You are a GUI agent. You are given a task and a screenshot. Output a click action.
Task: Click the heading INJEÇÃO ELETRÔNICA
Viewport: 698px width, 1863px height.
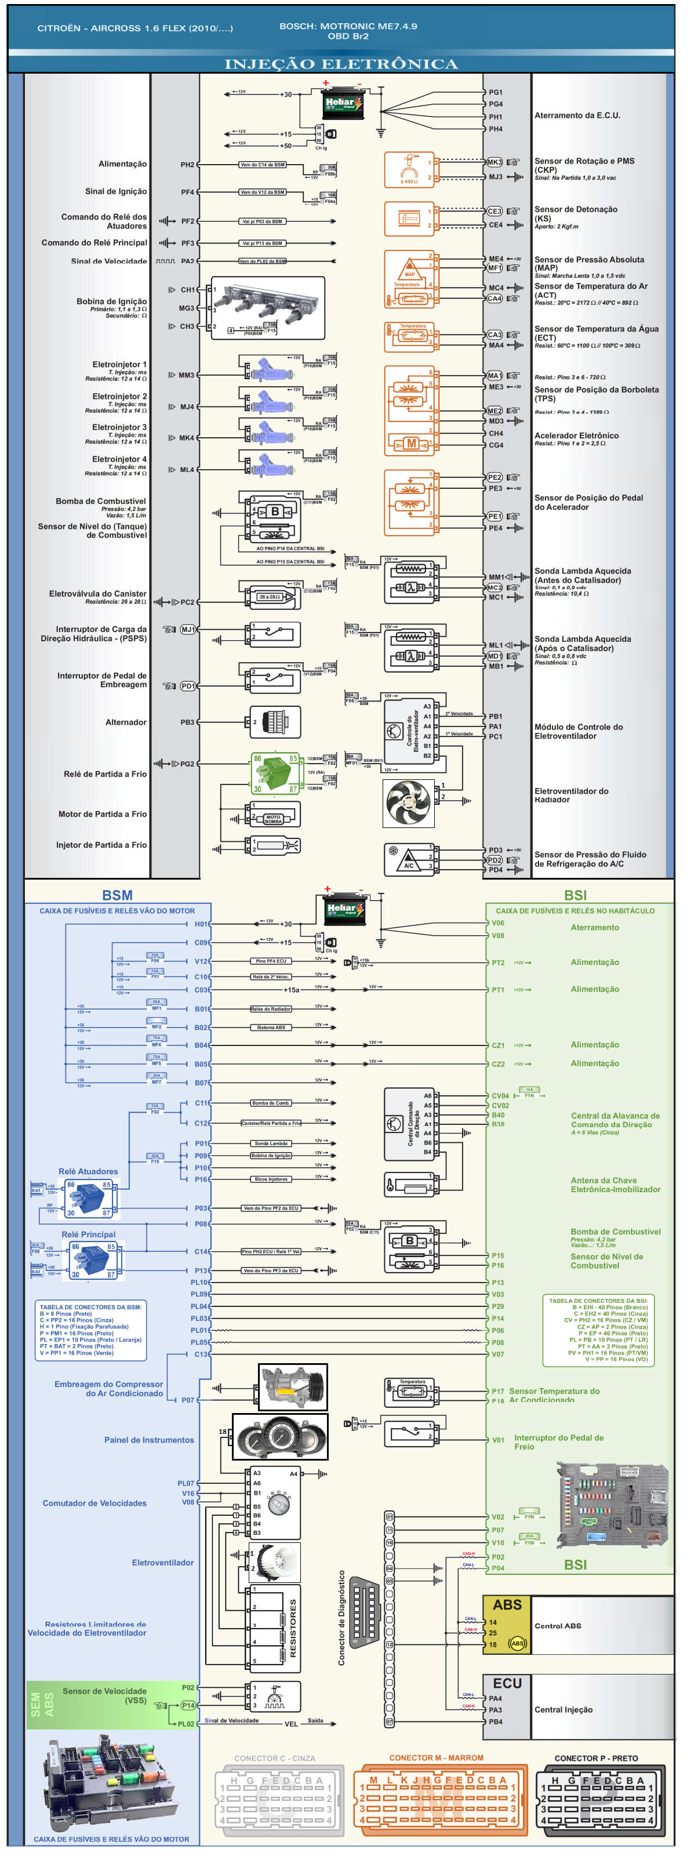click(x=341, y=64)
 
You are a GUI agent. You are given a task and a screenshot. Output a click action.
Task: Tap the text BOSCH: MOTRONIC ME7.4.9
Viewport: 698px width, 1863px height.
click(x=348, y=26)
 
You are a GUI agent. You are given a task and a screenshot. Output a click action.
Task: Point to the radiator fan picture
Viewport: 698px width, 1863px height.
click(x=409, y=802)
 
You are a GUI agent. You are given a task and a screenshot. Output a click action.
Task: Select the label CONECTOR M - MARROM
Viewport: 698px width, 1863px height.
click(x=436, y=1758)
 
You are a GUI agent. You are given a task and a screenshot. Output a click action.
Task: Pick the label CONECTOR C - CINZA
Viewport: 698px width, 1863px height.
click(x=274, y=1759)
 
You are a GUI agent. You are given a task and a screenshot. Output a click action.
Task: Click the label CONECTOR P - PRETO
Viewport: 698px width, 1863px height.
click(x=596, y=1759)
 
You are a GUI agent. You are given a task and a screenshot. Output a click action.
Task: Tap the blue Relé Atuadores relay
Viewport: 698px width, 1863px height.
click(x=88, y=1199)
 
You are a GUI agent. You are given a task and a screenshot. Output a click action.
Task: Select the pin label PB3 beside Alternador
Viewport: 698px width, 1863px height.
click(x=187, y=722)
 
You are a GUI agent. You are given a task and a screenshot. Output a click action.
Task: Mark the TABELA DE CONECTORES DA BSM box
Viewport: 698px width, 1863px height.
click(x=90, y=1330)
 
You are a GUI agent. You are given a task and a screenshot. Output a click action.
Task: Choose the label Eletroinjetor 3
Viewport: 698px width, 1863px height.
click(x=119, y=427)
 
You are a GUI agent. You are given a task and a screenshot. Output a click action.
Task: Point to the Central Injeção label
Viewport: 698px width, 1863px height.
click(x=564, y=1710)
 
